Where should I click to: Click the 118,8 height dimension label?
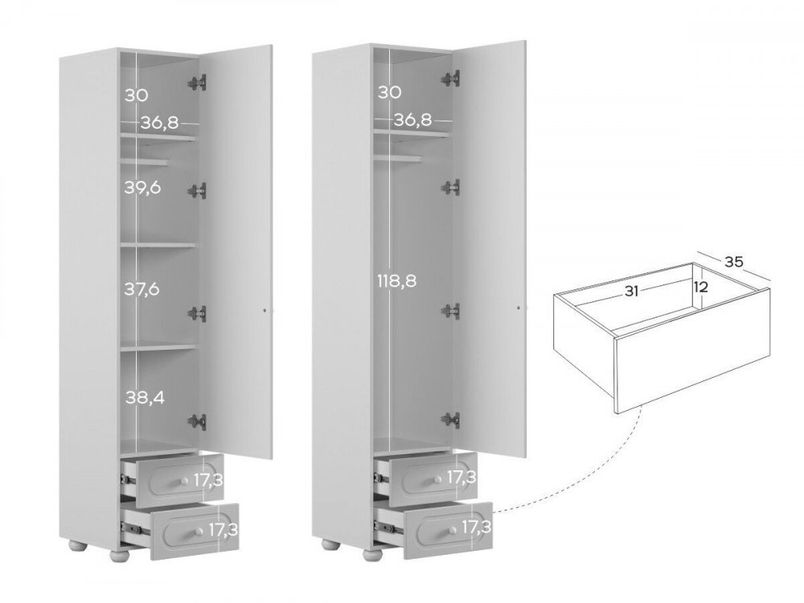point(397,281)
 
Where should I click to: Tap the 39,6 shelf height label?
point(142,187)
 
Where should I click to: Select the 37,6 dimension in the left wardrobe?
point(142,289)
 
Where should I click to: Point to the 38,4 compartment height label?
point(145,397)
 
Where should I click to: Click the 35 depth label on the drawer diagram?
point(734,261)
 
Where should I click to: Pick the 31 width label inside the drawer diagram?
point(631,291)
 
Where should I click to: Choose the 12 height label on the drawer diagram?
point(700,287)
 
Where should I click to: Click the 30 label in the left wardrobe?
point(137,96)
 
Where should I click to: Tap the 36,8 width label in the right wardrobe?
point(412,120)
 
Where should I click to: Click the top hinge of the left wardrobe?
point(198,83)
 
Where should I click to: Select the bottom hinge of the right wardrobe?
point(451,420)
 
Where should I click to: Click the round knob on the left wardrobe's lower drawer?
point(198,529)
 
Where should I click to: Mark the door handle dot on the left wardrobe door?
point(265,310)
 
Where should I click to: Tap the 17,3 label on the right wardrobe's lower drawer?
point(476,527)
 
